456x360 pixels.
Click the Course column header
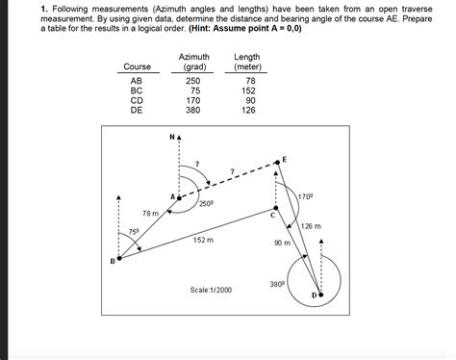pos(137,65)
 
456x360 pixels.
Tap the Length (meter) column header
pos(247,62)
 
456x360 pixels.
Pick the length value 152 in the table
pos(249,91)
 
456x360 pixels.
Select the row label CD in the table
pos(137,100)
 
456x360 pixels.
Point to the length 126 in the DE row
pos(249,110)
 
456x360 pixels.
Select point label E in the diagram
pos(285,157)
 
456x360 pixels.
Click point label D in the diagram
pos(313,294)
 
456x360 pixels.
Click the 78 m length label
pos(150,213)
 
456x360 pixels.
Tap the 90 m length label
pos(282,244)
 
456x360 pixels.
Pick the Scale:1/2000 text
pos(212,290)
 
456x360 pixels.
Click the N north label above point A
pos(169,138)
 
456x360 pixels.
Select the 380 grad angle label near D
pos(277,283)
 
